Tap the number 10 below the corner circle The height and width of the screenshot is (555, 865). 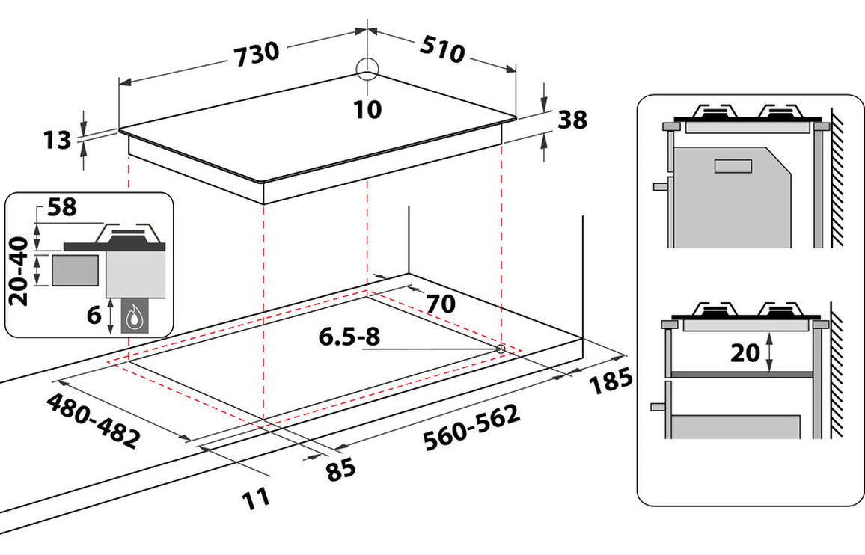[x=367, y=109]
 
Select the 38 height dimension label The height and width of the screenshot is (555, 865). [x=572, y=120]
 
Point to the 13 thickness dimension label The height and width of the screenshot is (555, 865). [x=56, y=140]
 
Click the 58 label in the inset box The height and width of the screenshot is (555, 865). [x=63, y=207]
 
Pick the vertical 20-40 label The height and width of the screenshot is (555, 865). [x=20, y=271]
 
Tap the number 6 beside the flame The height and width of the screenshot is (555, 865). [x=94, y=315]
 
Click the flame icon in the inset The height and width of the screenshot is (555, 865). [x=135, y=317]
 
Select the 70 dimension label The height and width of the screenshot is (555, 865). [x=441, y=304]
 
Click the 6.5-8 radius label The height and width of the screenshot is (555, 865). [x=349, y=337]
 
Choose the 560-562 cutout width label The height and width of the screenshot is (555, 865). [x=471, y=429]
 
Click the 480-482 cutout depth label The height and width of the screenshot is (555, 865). [x=93, y=420]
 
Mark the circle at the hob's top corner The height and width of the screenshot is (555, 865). [x=368, y=69]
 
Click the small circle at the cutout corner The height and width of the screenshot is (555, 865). [x=500, y=349]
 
